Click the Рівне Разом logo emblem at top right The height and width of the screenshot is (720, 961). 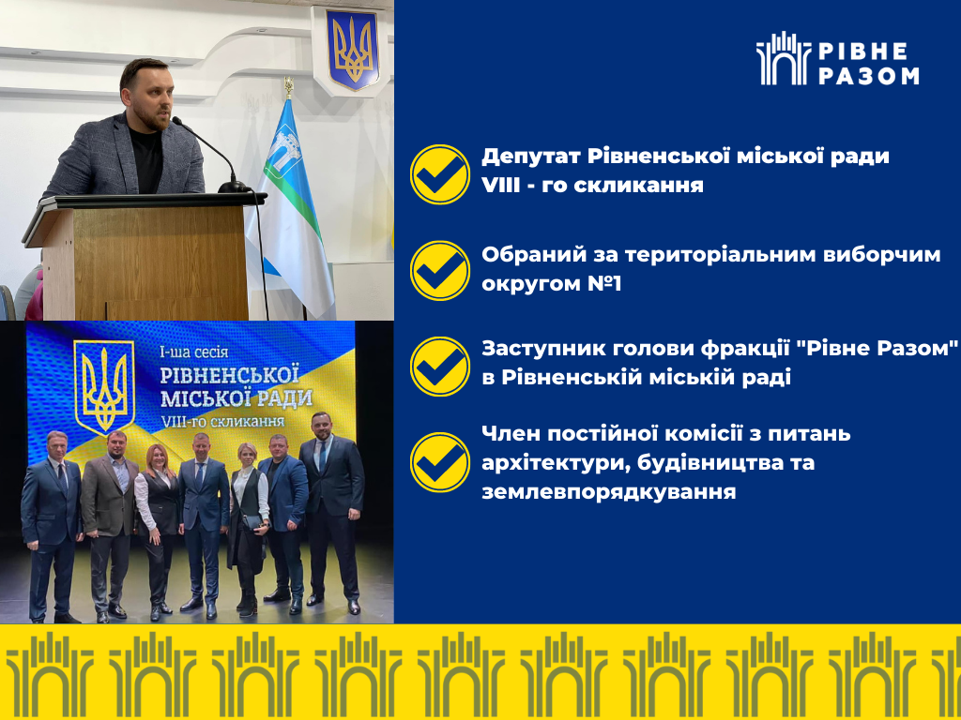(x=784, y=58)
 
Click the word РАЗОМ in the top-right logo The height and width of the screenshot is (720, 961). (x=868, y=75)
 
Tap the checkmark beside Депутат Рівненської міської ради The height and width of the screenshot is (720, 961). (x=440, y=174)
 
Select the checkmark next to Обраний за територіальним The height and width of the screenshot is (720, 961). (x=440, y=271)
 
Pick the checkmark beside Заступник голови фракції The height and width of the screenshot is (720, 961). (x=440, y=367)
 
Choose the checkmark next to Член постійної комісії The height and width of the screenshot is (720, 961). (x=440, y=462)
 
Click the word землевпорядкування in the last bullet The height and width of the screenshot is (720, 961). (x=608, y=491)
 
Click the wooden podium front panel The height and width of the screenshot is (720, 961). (x=160, y=263)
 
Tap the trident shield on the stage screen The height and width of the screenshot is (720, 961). (x=103, y=386)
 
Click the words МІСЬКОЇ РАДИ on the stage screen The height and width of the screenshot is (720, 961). (x=236, y=397)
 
